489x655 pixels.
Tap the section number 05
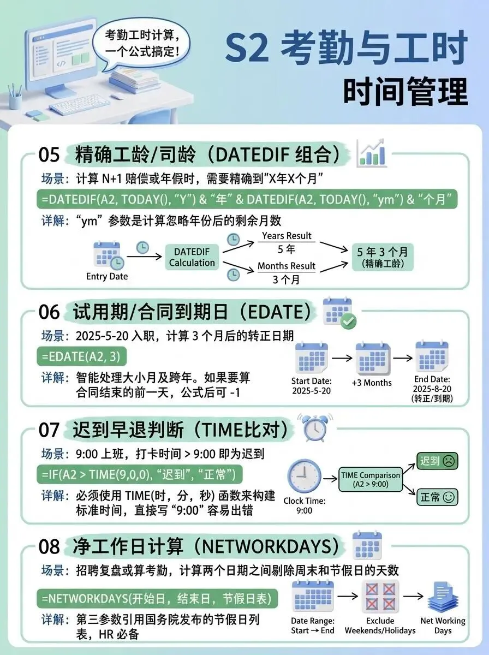(49, 155)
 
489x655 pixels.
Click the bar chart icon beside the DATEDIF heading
(372, 153)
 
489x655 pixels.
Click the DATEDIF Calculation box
(192, 257)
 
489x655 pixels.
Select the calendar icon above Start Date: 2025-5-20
(312, 358)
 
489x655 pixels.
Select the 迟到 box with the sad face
(437, 461)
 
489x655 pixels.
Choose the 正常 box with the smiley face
(437, 497)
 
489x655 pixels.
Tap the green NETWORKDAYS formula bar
(157, 598)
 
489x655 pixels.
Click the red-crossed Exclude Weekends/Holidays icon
(380, 597)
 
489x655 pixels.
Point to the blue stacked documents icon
(442, 597)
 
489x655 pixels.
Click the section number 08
(50, 546)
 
